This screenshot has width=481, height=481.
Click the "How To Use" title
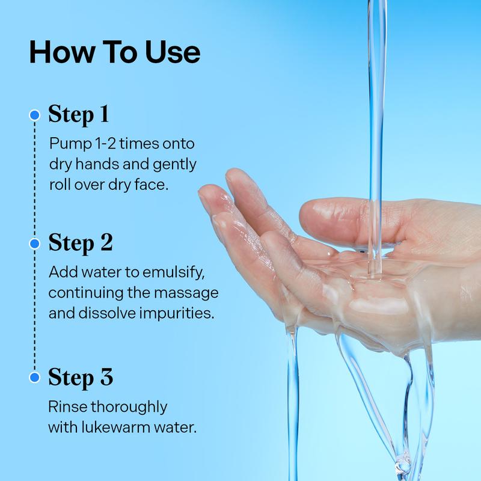point(115,52)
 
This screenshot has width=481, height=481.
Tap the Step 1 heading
point(79,115)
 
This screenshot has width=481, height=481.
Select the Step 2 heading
point(81,244)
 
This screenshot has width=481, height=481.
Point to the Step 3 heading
point(81,378)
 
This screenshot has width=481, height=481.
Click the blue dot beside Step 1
point(35,115)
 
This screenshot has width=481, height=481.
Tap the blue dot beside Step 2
point(35,244)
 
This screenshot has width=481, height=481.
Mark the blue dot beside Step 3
point(35,378)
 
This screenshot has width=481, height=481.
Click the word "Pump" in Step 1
point(70,144)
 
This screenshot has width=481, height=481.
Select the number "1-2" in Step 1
point(106,144)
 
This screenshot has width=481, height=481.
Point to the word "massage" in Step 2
point(186,293)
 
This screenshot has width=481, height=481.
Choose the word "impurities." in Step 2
point(177,313)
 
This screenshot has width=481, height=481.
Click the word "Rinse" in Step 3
point(67,407)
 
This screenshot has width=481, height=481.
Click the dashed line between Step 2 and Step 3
point(35,310)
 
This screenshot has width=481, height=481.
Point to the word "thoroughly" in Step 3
point(129,408)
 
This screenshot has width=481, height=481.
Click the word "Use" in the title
point(173,52)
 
